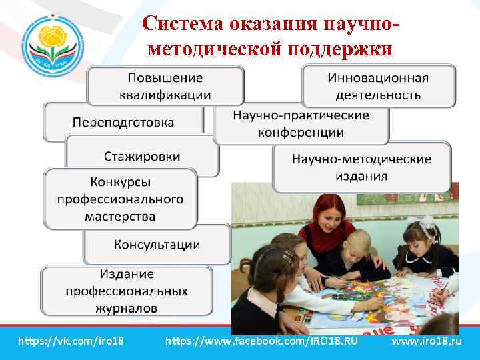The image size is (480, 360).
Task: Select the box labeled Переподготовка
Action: pos(123,123)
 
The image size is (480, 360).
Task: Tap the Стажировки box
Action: pos(142,157)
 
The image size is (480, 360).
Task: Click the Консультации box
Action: pos(157,245)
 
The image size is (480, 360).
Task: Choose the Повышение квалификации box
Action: pos(165,85)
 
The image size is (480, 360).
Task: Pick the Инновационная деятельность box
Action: pos(378,85)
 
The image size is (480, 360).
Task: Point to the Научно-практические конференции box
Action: pos(301,123)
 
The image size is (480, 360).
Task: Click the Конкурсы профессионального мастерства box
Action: pos(120,199)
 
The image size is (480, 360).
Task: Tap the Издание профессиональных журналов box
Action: pos(127,291)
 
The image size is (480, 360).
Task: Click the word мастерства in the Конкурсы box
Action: pos(120,216)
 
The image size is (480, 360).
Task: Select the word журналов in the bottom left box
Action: pos(127,308)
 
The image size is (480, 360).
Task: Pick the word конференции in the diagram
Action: pos(301,132)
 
